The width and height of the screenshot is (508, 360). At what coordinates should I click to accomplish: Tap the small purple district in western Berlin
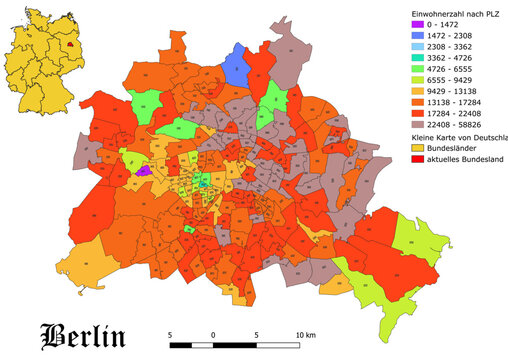click(143, 171)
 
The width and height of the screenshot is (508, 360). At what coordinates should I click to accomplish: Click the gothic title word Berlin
click(83, 334)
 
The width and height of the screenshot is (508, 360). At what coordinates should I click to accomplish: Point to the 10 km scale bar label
click(306, 333)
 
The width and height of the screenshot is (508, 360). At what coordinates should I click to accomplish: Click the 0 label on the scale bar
click(213, 333)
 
